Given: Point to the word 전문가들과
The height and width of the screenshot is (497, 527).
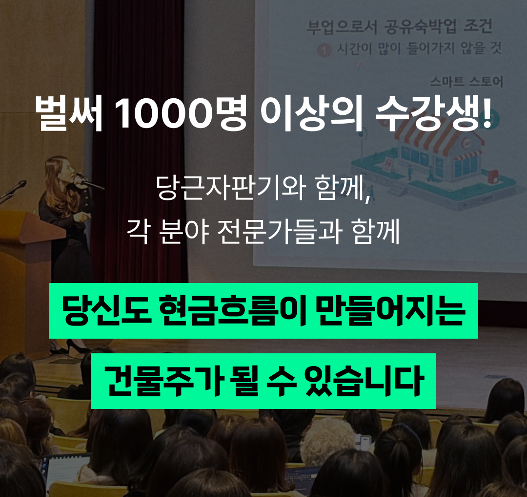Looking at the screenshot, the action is point(280,232).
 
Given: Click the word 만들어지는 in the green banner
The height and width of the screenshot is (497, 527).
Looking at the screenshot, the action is point(390,310).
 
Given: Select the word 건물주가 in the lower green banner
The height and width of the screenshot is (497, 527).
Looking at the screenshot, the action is point(164,381).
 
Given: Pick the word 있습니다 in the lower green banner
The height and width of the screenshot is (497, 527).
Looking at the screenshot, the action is point(364,381).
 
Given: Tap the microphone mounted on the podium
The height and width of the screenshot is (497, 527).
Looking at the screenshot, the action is point(14,190).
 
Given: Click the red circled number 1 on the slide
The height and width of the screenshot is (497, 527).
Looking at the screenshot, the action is point(324,50).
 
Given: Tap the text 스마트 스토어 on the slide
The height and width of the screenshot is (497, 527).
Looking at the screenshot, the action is point(466,82).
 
